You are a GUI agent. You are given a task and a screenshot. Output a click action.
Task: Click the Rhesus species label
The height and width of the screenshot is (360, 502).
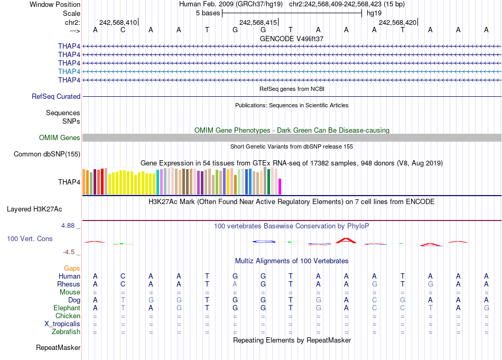coord(69,284)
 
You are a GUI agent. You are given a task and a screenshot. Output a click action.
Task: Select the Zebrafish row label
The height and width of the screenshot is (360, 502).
coord(66,332)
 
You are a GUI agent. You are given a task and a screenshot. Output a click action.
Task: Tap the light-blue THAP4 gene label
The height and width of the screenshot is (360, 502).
coord(69,71)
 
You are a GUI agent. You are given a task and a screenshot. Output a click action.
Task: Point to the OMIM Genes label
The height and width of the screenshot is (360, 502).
coord(60,137)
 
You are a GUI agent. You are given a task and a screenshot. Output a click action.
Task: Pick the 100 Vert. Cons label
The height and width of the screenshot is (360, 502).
coord(30,239)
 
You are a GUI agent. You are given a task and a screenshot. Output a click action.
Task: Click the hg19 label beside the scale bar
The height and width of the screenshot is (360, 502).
coord(374,13)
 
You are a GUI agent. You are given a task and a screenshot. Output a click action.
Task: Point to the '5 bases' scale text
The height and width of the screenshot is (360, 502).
coord(207,13)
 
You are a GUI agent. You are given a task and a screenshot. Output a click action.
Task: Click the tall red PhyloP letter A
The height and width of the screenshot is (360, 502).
coord(346,241)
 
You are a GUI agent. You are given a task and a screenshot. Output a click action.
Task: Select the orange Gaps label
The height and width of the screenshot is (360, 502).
coord(72,268)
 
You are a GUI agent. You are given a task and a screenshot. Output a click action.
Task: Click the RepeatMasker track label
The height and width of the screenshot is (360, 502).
coord(58,348)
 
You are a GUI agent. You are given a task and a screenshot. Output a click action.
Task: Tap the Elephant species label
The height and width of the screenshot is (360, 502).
coord(67,308)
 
